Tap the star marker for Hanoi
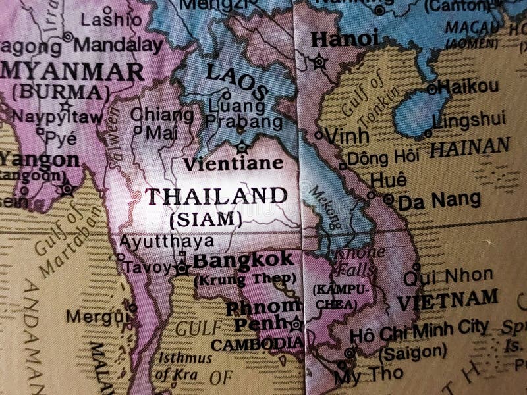pyautogui.click(x=319, y=62)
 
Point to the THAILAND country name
pyautogui.click(x=216, y=196)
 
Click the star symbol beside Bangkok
pyautogui.click(x=182, y=268)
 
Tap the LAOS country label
pyautogui.click(x=236, y=81)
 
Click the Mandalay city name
pyautogui.click(x=118, y=45)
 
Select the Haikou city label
pyautogui.click(x=468, y=86)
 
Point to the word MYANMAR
pyautogui.click(x=72, y=71)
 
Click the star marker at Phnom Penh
pyautogui.click(x=296, y=324)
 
